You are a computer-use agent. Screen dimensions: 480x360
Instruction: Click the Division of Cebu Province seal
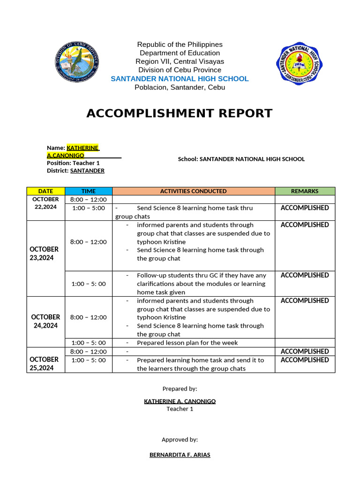click(x=76, y=63)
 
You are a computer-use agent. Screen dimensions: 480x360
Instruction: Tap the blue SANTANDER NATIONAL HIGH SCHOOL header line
click(x=180, y=79)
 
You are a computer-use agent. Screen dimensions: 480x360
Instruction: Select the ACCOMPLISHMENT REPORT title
click(x=180, y=113)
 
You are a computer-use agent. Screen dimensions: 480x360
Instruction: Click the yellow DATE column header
click(x=45, y=191)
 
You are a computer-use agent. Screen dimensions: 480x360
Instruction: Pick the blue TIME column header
click(x=88, y=191)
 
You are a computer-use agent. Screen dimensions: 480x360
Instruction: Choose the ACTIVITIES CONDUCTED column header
click(x=193, y=191)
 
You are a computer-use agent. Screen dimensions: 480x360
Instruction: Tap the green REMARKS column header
click(x=305, y=191)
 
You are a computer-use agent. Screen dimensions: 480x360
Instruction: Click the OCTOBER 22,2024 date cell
click(x=45, y=203)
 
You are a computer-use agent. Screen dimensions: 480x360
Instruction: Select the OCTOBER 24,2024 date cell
click(x=45, y=321)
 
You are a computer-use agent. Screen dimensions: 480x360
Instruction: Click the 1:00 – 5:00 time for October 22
click(x=88, y=208)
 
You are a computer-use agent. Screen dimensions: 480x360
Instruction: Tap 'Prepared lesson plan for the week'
click(x=187, y=343)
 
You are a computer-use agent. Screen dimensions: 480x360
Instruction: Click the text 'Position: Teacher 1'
click(x=73, y=163)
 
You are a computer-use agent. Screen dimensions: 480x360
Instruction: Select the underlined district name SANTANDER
click(x=87, y=171)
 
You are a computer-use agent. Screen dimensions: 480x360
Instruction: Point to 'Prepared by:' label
click(x=180, y=389)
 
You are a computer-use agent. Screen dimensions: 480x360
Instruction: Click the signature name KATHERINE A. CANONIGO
click(x=180, y=401)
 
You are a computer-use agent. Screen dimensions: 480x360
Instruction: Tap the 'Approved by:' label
click(x=180, y=440)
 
